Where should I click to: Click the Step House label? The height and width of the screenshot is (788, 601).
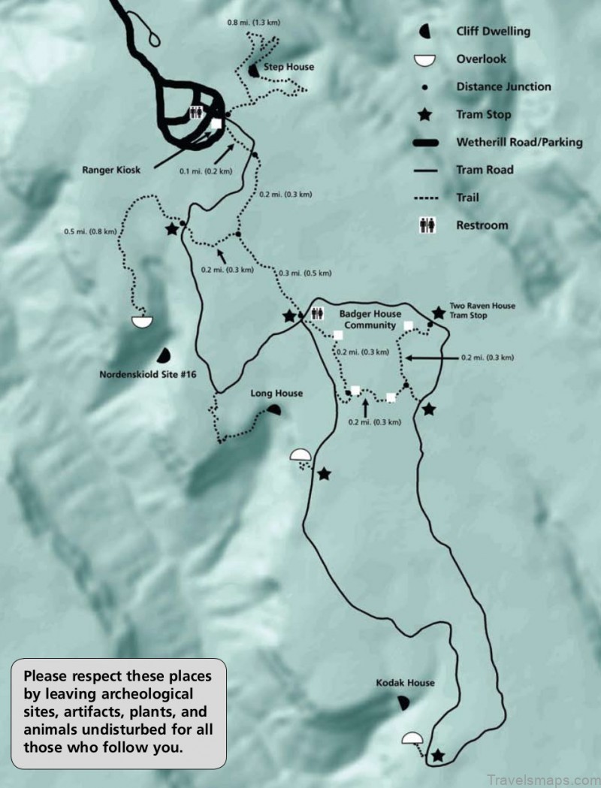[288, 67]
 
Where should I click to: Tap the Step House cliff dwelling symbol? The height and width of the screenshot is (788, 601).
[253, 70]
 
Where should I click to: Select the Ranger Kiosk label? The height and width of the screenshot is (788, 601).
[111, 170]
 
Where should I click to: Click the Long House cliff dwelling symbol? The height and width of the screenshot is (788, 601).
[273, 410]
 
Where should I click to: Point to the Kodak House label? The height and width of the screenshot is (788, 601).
[406, 683]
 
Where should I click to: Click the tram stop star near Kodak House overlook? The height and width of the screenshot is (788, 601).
[437, 755]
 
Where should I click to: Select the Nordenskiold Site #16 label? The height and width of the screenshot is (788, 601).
[147, 373]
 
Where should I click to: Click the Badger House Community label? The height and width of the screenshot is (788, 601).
[370, 319]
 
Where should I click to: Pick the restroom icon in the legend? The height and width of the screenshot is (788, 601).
[427, 225]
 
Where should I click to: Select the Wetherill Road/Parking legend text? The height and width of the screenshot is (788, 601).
[519, 142]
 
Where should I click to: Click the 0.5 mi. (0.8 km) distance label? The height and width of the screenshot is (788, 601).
[90, 231]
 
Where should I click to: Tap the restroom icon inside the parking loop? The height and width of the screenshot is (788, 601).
[196, 113]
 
